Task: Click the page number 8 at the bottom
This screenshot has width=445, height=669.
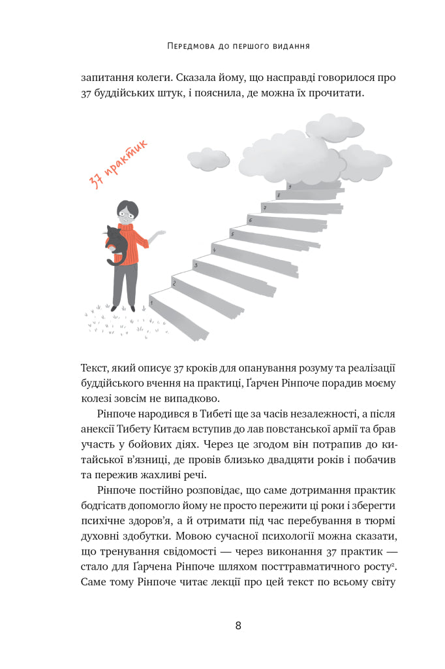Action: coord(238,625)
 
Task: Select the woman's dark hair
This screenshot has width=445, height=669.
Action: coord(128,208)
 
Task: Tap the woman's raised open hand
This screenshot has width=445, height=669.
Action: coord(158,234)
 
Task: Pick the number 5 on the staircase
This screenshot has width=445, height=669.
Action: coord(232,233)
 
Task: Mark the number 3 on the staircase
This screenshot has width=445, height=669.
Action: coord(195,265)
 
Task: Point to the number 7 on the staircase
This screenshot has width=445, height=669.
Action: coord(264,207)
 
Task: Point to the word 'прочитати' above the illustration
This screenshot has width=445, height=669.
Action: coord(339,93)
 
